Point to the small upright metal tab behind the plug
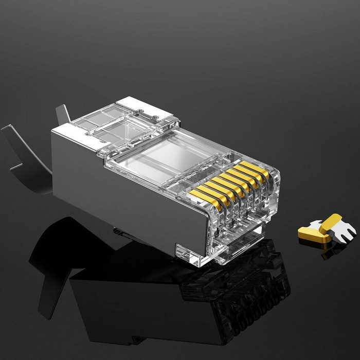click(63, 114)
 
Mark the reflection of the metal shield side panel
click(129, 303)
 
